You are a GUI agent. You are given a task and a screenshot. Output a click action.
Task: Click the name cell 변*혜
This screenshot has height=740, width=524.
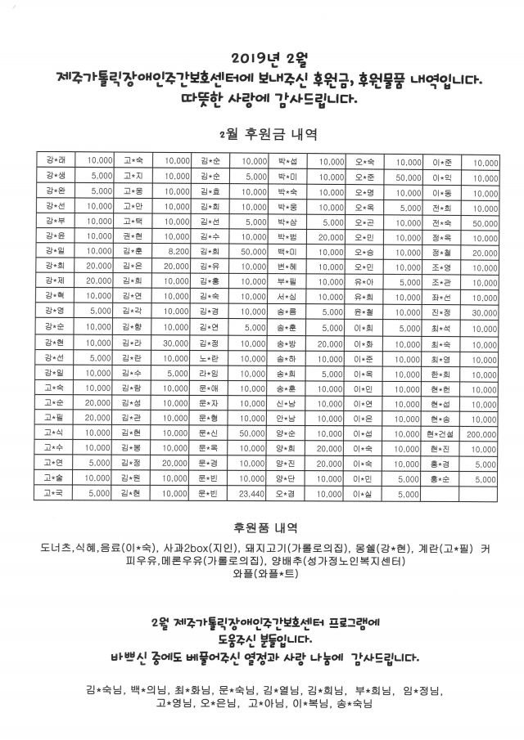point(287,266)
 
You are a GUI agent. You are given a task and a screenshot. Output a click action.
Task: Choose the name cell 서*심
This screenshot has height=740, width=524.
point(287,296)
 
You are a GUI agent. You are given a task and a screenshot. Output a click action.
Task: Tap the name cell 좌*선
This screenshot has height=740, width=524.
point(440,296)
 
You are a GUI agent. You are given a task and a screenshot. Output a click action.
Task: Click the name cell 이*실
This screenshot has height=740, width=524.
point(363,494)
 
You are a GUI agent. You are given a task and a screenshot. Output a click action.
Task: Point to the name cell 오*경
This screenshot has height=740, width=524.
point(287,494)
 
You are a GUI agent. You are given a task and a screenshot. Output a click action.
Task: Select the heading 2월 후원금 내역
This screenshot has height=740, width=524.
point(268,132)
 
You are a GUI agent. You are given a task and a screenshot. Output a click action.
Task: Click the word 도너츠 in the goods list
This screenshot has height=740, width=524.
point(56,547)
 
